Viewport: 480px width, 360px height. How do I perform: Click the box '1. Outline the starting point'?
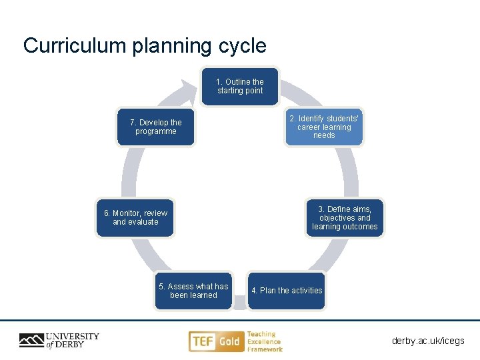click(240, 87)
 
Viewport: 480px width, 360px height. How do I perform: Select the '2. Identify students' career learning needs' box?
click(324, 127)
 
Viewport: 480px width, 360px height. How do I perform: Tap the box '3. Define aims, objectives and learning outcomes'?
click(345, 218)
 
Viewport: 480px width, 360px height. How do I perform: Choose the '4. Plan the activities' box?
click(287, 291)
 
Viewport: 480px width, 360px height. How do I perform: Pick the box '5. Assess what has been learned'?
click(193, 291)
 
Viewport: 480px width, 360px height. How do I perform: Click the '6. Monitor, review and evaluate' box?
click(135, 217)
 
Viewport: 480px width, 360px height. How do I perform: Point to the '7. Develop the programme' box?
click(156, 127)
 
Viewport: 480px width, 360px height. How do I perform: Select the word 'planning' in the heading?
click(168, 47)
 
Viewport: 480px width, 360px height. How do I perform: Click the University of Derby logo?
click(59, 341)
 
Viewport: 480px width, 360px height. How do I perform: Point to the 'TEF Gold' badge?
click(215, 341)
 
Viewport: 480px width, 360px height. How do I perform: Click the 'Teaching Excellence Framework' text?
click(265, 341)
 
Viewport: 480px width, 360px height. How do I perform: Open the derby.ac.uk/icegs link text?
click(428, 341)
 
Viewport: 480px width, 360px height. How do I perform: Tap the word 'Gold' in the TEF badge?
click(229, 341)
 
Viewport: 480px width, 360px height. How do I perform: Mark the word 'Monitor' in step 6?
click(126, 213)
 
